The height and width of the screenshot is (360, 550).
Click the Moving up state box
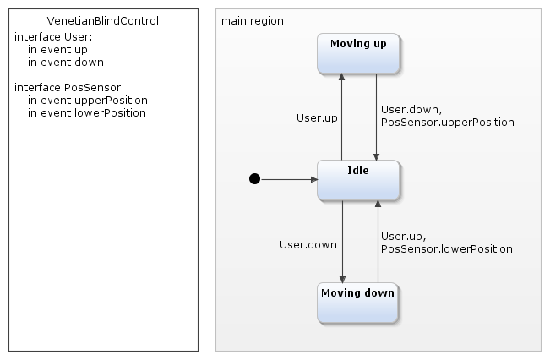point(358,53)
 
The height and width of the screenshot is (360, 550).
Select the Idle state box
point(358,179)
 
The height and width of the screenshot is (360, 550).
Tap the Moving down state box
point(358,303)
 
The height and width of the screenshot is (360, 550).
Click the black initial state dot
point(254,179)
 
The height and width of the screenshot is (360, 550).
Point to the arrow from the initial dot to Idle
point(287,179)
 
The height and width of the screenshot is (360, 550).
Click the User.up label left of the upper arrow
point(317,118)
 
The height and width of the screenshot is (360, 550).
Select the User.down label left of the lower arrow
point(308,244)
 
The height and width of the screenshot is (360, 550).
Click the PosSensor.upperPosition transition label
point(447,123)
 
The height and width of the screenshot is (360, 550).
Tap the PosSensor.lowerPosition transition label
point(446,249)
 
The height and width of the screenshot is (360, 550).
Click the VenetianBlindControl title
point(103,20)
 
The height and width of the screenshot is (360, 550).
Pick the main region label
point(253,20)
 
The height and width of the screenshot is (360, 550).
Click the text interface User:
point(53,37)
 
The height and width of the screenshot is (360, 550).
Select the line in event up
point(57,50)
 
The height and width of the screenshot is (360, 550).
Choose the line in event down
point(65,62)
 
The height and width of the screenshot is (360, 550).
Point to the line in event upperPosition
point(87,100)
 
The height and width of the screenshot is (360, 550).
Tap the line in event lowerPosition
point(87,112)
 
